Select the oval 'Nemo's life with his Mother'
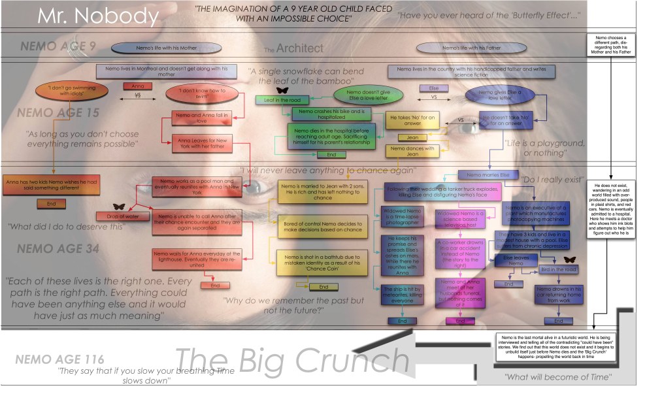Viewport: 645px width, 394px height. [x=155, y=49]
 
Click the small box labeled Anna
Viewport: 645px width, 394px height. [x=138, y=86]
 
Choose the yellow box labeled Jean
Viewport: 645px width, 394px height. [x=412, y=138]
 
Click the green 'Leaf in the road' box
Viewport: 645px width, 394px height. [x=282, y=100]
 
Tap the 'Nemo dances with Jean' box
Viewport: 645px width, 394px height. [x=412, y=150]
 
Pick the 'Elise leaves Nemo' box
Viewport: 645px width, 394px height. [x=512, y=261]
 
